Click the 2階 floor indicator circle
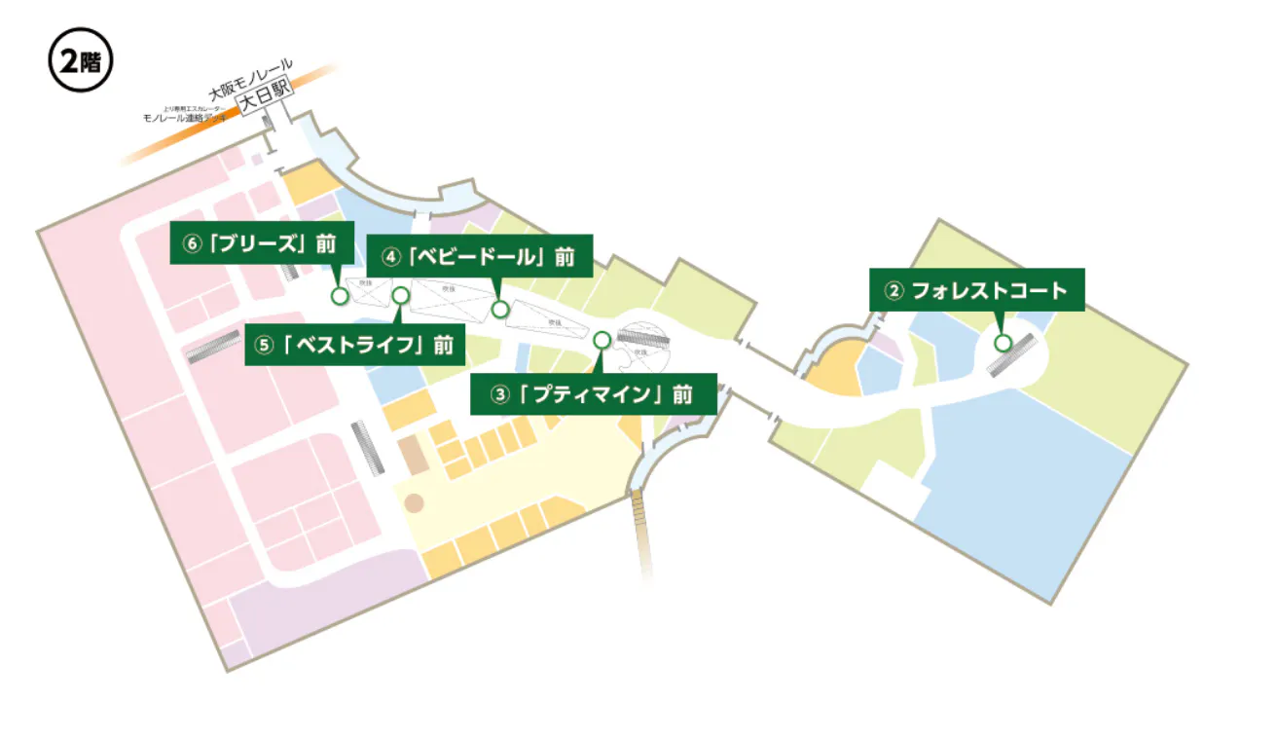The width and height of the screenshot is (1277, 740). [x=81, y=61]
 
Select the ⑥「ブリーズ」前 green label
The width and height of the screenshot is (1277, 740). [x=262, y=245]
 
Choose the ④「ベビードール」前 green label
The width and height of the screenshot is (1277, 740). [x=480, y=257]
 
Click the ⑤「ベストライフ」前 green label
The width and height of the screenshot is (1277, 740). [x=354, y=345]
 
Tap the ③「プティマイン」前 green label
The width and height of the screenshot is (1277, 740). [x=593, y=394]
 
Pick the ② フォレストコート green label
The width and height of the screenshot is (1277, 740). [x=976, y=290]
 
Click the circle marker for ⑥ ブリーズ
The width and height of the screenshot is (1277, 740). [x=340, y=295]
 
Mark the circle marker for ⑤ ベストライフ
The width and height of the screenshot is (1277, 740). [x=400, y=295]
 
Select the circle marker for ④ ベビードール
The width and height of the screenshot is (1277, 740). [x=500, y=309]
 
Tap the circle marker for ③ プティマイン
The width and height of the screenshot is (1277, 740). [x=602, y=340]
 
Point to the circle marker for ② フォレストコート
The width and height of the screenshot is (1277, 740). [x=1003, y=342]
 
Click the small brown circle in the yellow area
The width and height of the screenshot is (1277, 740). [x=415, y=503]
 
